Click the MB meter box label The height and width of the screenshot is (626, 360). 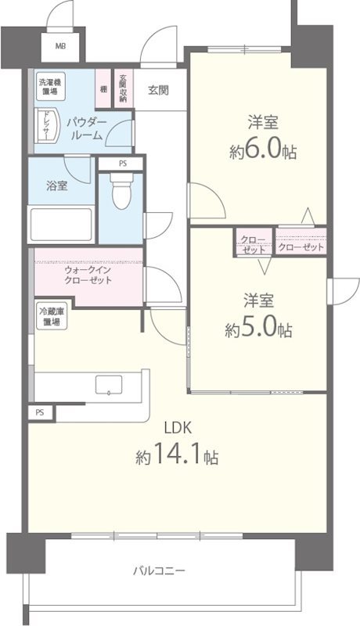click(x=60, y=45)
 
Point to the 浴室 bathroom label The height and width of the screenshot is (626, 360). click(x=56, y=186)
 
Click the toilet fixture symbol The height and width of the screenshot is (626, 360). click(x=121, y=192)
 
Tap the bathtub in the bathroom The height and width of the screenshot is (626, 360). click(x=61, y=225)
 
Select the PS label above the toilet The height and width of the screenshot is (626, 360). click(x=121, y=164)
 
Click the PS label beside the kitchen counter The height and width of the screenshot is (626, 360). click(x=39, y=412)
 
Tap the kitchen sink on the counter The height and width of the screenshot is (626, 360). click(x=107, y=386)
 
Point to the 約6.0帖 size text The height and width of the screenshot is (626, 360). click(x=263, y=151)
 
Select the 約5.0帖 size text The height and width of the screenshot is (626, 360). click(x=261, y=329)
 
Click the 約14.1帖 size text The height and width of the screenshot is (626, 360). click(x=177, y=456)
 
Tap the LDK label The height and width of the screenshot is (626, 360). click(x=177, y=427)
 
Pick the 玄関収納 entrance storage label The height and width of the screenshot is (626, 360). click(x=123, y=88)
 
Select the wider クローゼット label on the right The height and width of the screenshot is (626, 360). click(x=301, y=247)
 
